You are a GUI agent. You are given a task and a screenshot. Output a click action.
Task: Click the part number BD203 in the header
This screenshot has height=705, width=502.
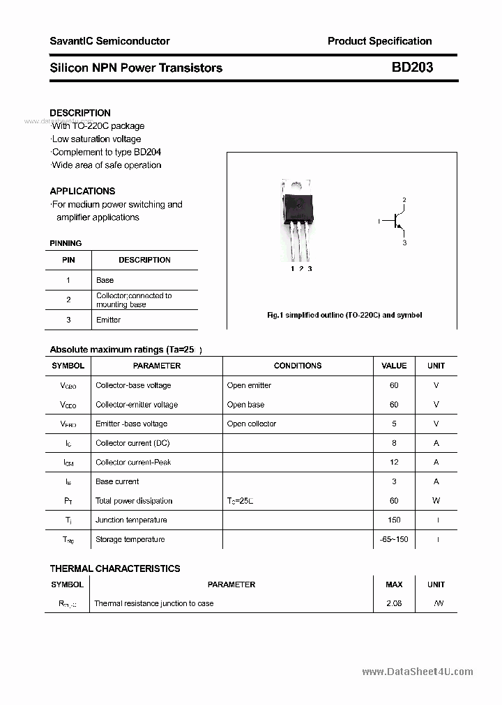click(x=411, y=68)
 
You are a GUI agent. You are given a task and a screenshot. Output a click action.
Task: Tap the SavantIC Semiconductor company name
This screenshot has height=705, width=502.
click(x=109, y=41)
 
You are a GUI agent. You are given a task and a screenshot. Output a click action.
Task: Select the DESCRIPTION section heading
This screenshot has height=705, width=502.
click(x=80, y=113)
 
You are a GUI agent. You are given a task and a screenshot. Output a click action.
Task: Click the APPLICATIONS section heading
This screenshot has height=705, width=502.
click(x=82, y=191)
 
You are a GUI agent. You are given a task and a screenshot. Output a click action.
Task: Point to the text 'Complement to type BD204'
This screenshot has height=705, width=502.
click(x=107, y=152)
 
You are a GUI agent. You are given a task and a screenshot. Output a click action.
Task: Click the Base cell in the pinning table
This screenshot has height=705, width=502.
click(x=105, y=280)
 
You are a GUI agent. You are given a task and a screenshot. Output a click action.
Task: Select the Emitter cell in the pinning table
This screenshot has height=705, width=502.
click(x=108, y=320)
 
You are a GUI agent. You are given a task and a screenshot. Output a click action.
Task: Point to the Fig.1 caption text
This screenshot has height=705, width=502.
click(x=344, y=315)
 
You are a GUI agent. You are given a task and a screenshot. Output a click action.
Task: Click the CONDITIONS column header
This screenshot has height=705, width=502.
click(x=298, y=366)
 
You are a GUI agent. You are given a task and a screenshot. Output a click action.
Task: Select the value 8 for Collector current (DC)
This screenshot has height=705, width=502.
click(x=394, y=443)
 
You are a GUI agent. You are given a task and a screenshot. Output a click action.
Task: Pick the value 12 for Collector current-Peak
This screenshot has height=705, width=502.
click(x=394, y=462)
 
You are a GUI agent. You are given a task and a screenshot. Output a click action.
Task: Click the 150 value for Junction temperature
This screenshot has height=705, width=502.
click(x=394, y=520)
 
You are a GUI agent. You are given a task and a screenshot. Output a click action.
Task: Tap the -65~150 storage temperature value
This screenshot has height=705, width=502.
click(x=394, y=539)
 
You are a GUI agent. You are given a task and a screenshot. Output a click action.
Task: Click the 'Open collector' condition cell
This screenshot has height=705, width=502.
click(x=251, y=424)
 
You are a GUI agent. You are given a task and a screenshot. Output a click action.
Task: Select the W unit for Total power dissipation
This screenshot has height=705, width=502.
click(x=436, y=500)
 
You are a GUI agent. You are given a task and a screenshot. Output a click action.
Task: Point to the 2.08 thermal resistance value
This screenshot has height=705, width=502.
click(x=394, y=603)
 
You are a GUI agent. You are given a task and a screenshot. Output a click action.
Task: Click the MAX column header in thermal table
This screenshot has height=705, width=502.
click(x=394, y=584)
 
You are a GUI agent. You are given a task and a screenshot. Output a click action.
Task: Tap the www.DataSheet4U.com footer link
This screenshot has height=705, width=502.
click(x=418, y=672)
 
